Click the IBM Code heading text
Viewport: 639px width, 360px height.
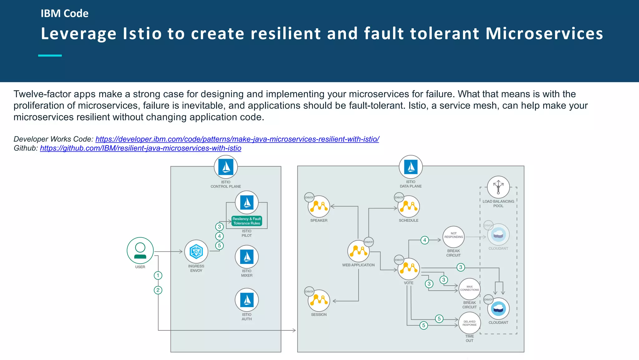(x=65, y=13)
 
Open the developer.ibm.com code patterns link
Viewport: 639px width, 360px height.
(x=237, y=139)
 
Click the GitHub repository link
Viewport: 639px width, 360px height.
(x=140, y=148)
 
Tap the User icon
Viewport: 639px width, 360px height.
(x=140, y=251)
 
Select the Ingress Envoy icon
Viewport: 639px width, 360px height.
(x=196, y=252)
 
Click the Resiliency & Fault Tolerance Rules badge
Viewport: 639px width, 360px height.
(x=246, y=221)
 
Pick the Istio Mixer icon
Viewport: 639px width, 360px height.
(x=247, y=257)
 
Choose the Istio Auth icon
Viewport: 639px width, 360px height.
(x=247, y=300)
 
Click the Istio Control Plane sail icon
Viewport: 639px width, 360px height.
(x=226, y=167)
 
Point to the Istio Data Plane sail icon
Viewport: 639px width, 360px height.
(x=411, y=167)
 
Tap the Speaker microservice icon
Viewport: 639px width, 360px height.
(x=319, y=207)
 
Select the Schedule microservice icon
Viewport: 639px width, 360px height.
(x=409, y=207)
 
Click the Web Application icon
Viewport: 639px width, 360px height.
(x=359, y=251)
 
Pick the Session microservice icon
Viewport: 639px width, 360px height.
(x=319, y=301)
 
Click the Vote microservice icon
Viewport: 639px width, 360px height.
(x=409, y=269)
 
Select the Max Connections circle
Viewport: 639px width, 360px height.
(x=470, y=289)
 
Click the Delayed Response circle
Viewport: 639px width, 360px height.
(x=470, y=323)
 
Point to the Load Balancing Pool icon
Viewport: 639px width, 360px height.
(x=498, y=187)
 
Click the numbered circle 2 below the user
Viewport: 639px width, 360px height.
(x=158, y=290)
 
